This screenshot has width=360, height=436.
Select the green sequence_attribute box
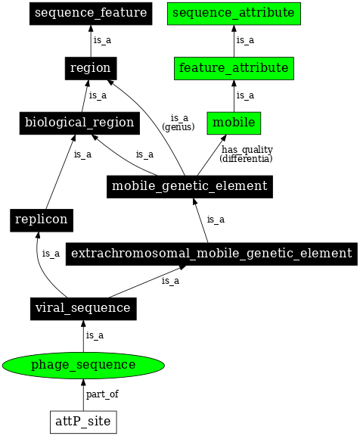tap(234, 13)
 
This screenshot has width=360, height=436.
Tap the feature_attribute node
tap(234, 67)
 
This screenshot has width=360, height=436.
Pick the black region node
tap(90, 67)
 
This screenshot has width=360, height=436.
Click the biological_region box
tap(79, 122)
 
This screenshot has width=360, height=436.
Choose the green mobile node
tap(234, 122)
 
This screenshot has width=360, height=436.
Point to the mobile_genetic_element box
tap(188, 185)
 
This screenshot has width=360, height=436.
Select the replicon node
tap(39, 220)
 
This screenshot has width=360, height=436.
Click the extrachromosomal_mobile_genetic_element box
tap(211, 253)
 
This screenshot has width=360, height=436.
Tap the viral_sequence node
tap(83, 307)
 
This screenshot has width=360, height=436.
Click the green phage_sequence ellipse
tap(83, 365)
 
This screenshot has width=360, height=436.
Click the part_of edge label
tap(102, 394)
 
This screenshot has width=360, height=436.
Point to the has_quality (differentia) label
tap(247, 154)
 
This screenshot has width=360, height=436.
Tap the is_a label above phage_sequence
tap(95, 335)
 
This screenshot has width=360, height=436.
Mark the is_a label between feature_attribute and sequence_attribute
tap(245, 40)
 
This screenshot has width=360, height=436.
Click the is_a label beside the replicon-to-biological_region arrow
tap(82, 154)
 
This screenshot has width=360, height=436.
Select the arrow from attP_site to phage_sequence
tap(83, 395)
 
